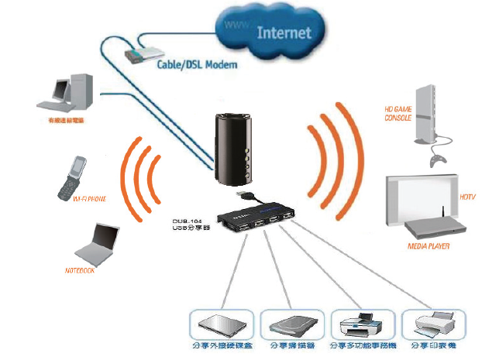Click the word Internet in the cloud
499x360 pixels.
[283, 33]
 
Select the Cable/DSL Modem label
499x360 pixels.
[198, 66]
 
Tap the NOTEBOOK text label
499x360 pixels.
[80, 271]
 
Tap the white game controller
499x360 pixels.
[439, 159]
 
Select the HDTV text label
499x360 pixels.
[467, 197]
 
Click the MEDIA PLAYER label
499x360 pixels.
[428, 246]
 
